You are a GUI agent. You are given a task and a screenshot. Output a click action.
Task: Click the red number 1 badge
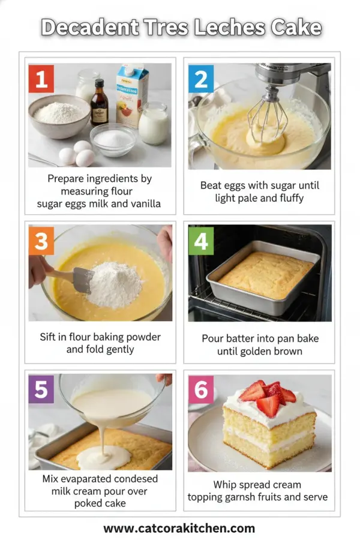coord(41,79)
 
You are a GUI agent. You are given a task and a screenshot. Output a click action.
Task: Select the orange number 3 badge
coord(41,241)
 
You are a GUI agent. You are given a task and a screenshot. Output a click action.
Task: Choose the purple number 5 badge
coord(41,389)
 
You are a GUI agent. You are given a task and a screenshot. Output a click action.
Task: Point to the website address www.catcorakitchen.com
coord(179,529)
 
